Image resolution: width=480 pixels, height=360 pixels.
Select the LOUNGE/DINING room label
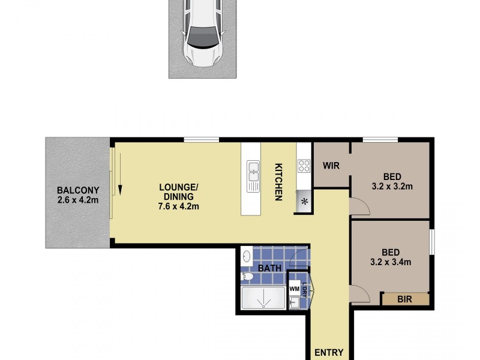pyautogui.click(x=179, y=191)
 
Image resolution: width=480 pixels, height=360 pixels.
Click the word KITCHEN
pyautogui.click(x=278, y=182)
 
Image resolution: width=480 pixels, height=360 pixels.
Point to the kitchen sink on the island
pyautogui.click(x=253, y=172)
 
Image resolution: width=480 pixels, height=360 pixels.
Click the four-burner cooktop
pyautogui.click(x=303, y=166)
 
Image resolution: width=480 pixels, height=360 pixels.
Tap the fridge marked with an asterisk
pyautogui.click(x=304, y=202)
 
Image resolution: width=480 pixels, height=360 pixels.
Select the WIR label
pyautogui.click(x=332, y=165)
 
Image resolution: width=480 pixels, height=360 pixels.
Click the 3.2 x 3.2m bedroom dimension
pyautogui.click(x=392, y=186)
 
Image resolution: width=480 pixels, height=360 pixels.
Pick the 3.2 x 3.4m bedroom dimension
pyautogui.click(x=392, y=262)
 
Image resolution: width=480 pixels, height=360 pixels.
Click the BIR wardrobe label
pyautogui.click(x=405, y=298)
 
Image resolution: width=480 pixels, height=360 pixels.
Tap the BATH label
pyautogui.click(x=270, y=268)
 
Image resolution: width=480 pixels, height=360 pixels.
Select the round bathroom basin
pyautogui.click(x=247, y=256)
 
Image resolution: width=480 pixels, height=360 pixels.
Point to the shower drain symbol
pyautogui.click(x=262, y=298)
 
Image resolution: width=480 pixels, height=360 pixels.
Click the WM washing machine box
pyautogui.click(x=294, y=289)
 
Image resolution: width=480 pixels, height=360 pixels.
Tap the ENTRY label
pyautogui.click(x=329, y=353)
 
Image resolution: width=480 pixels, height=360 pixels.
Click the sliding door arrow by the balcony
pyautogui.click(x=120, y=174)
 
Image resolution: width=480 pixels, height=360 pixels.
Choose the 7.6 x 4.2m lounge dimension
pyautogui.click(x=179, y=206)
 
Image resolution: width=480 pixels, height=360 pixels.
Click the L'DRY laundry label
pyautogui.click(x=304, y=289)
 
